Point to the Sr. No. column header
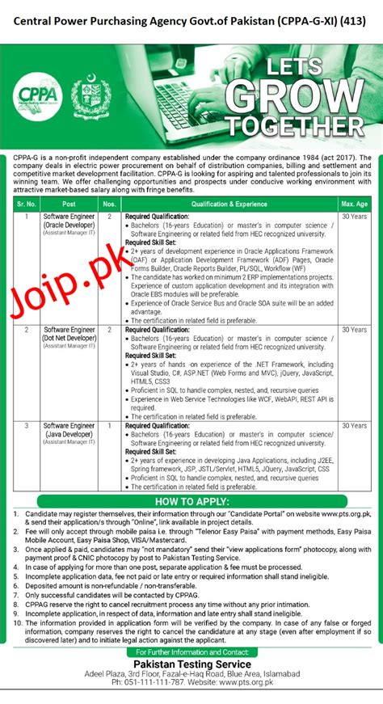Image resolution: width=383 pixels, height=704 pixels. [x=25, y=204]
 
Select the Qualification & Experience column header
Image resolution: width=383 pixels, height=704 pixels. [x=229, y=204]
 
